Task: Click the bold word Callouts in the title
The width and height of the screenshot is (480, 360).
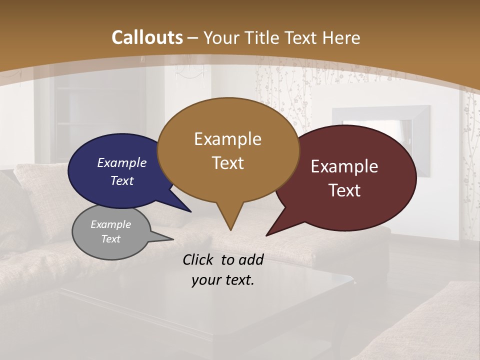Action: coord(147,37)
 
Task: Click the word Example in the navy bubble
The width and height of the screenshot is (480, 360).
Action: coord(121,162)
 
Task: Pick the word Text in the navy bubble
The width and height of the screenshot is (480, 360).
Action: coord(121,180)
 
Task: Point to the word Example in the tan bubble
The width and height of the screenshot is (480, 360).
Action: coord(227,139)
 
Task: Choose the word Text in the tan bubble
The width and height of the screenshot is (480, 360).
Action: coord(227,163)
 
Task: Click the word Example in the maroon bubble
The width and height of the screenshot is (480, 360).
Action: coord(344,166)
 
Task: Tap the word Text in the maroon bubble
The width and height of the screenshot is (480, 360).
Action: coord(344,190)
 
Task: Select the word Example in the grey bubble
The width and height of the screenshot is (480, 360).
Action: coord(110,224)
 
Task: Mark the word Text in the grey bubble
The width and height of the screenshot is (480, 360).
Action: coord(110,239)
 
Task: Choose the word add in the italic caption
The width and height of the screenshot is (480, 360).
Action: coord(251,259)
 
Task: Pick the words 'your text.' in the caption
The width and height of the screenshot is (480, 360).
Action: coord(222,280)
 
